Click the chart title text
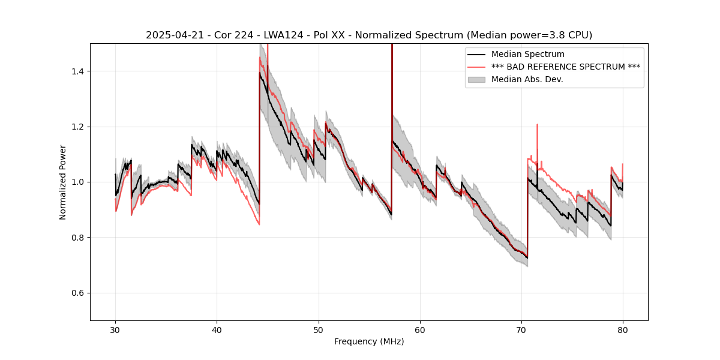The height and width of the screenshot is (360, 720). click(369, 35)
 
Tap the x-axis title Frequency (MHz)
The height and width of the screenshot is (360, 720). click(369, 341)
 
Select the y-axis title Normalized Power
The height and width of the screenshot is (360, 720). click(63, 182)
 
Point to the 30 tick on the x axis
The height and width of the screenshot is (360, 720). click(115, 329)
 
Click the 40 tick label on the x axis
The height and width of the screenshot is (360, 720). click(217, 329)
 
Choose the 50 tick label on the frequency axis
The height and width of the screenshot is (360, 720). click(319, 329)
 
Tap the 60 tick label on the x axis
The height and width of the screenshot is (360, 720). click(420, 329)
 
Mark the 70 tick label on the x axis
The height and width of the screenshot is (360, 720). click(521, 329)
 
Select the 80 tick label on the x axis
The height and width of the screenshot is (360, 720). click(623, 329)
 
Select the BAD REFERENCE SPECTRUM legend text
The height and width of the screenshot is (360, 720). click(565, 67)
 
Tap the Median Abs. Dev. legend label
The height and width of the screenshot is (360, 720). click(527, 79)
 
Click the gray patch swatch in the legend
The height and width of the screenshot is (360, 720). click(478, 79)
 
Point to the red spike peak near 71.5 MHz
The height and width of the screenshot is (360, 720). click(537, 125)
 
